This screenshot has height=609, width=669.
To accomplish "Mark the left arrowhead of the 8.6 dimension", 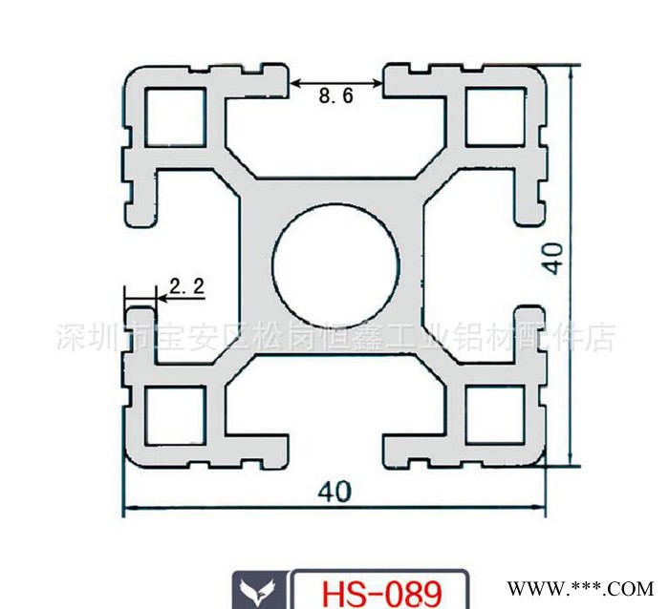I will [x=295, y=85].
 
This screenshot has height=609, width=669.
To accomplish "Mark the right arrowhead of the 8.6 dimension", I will [x=379, y=85].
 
